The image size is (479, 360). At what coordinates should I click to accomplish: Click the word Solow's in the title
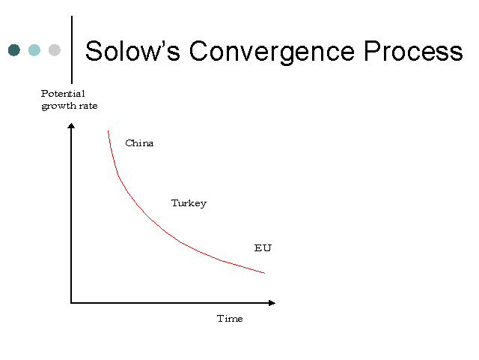tap(132, 51)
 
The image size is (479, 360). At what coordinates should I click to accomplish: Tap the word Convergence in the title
tap(272, 52)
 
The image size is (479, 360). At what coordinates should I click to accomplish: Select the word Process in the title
tap(413, 51)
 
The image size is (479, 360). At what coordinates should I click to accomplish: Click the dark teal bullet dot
tap(14, 50)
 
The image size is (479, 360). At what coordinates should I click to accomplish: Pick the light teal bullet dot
tap(34, 50)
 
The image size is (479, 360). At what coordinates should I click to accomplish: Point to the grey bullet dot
tap(55, 50)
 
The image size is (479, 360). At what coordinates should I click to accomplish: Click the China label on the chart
tap(139, 143)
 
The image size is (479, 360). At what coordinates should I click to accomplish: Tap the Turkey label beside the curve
tap(189, 203)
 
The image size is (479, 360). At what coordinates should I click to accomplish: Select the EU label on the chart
tap(263, 248)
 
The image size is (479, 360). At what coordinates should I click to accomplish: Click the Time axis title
tap(230, 319)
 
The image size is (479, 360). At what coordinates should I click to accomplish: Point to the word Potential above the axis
tap(63, 93)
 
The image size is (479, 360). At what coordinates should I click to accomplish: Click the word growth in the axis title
tap(58, 106)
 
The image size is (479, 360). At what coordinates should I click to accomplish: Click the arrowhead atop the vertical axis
tap(71, 125)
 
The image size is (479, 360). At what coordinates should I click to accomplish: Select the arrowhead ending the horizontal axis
tap(272, 303)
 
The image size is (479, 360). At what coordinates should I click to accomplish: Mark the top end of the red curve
tap(108, 131)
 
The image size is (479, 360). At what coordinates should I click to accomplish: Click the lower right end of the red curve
tap(264, 273)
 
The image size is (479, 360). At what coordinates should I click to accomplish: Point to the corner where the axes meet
tap(71, 303)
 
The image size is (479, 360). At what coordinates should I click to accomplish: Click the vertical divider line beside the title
tap(72, 49)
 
